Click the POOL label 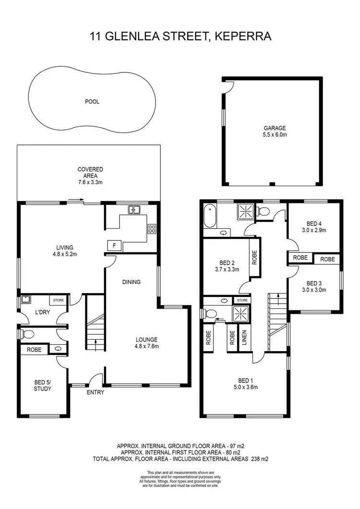pyautogui.click(x=92, y=102)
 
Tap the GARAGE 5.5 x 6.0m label pyautogui.click(x=275, y=131)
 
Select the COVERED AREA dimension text pyautogui.click(x=91, y=182)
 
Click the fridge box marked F pyautogui.click(x=114, y=245)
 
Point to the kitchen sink pyautogui.click(x=133, y=210)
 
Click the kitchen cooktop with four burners pyautogui.click(x=152, y=228)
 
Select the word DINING pyautogui.click(x=131, y=282)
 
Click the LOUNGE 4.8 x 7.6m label pyautogui.click(x=146, y=343)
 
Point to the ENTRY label pyautogui.click(x=96, y=392)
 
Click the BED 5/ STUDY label pyautogui.click(x=43, y=385)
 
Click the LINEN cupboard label pyautogui.click(x=244, y=337)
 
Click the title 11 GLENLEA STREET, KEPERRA pyautogui.click(x=180, y=36)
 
